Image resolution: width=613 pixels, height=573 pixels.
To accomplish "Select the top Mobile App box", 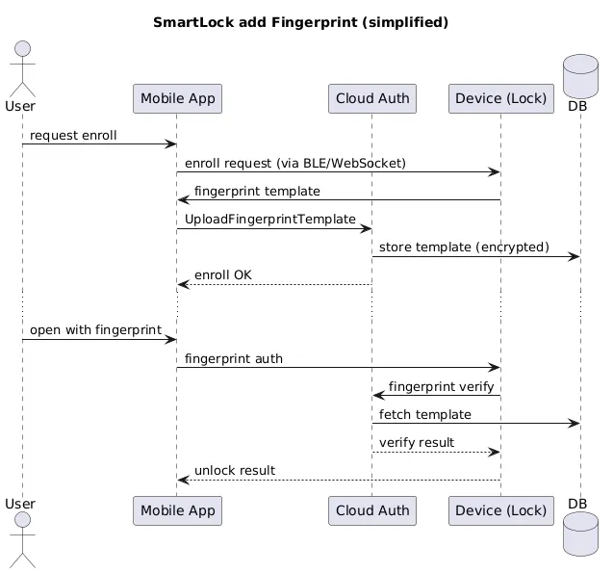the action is (x=177, y=98).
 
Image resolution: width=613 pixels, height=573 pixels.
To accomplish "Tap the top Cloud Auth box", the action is (x=372, y=98).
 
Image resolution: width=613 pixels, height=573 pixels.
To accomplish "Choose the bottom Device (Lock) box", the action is (x=501, y=510).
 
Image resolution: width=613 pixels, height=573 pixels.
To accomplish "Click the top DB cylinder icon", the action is (x=580, y=76).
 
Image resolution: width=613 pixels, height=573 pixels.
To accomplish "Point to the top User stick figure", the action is (x=23, y=68).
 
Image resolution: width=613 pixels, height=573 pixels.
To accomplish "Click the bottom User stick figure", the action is (x=23, y=539).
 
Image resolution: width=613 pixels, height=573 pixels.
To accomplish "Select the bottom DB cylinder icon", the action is (x=580, y=534).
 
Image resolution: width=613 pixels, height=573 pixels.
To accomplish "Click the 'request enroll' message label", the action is (x=73, y=136).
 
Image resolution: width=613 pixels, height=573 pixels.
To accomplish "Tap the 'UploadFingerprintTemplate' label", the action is (x=270, y=219).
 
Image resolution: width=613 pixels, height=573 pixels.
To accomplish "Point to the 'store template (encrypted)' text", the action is (x=464, y=247).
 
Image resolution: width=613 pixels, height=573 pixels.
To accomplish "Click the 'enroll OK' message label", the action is (x=223, y=275).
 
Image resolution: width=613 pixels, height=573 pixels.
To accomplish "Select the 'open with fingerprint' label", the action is (x=95, y=330).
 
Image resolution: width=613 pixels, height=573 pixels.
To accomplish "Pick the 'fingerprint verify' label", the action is (x=441, y=387).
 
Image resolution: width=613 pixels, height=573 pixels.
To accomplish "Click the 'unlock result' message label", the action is (x=235, y=471).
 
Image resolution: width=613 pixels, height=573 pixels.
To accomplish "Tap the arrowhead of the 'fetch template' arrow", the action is (x=575, y=423).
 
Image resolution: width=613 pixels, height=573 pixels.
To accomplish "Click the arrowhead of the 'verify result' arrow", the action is (x=495, y=453).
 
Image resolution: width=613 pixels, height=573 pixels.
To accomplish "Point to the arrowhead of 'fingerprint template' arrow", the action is (x=183, y=200).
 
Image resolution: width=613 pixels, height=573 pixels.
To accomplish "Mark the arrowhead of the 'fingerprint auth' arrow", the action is (x=495, y=368).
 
